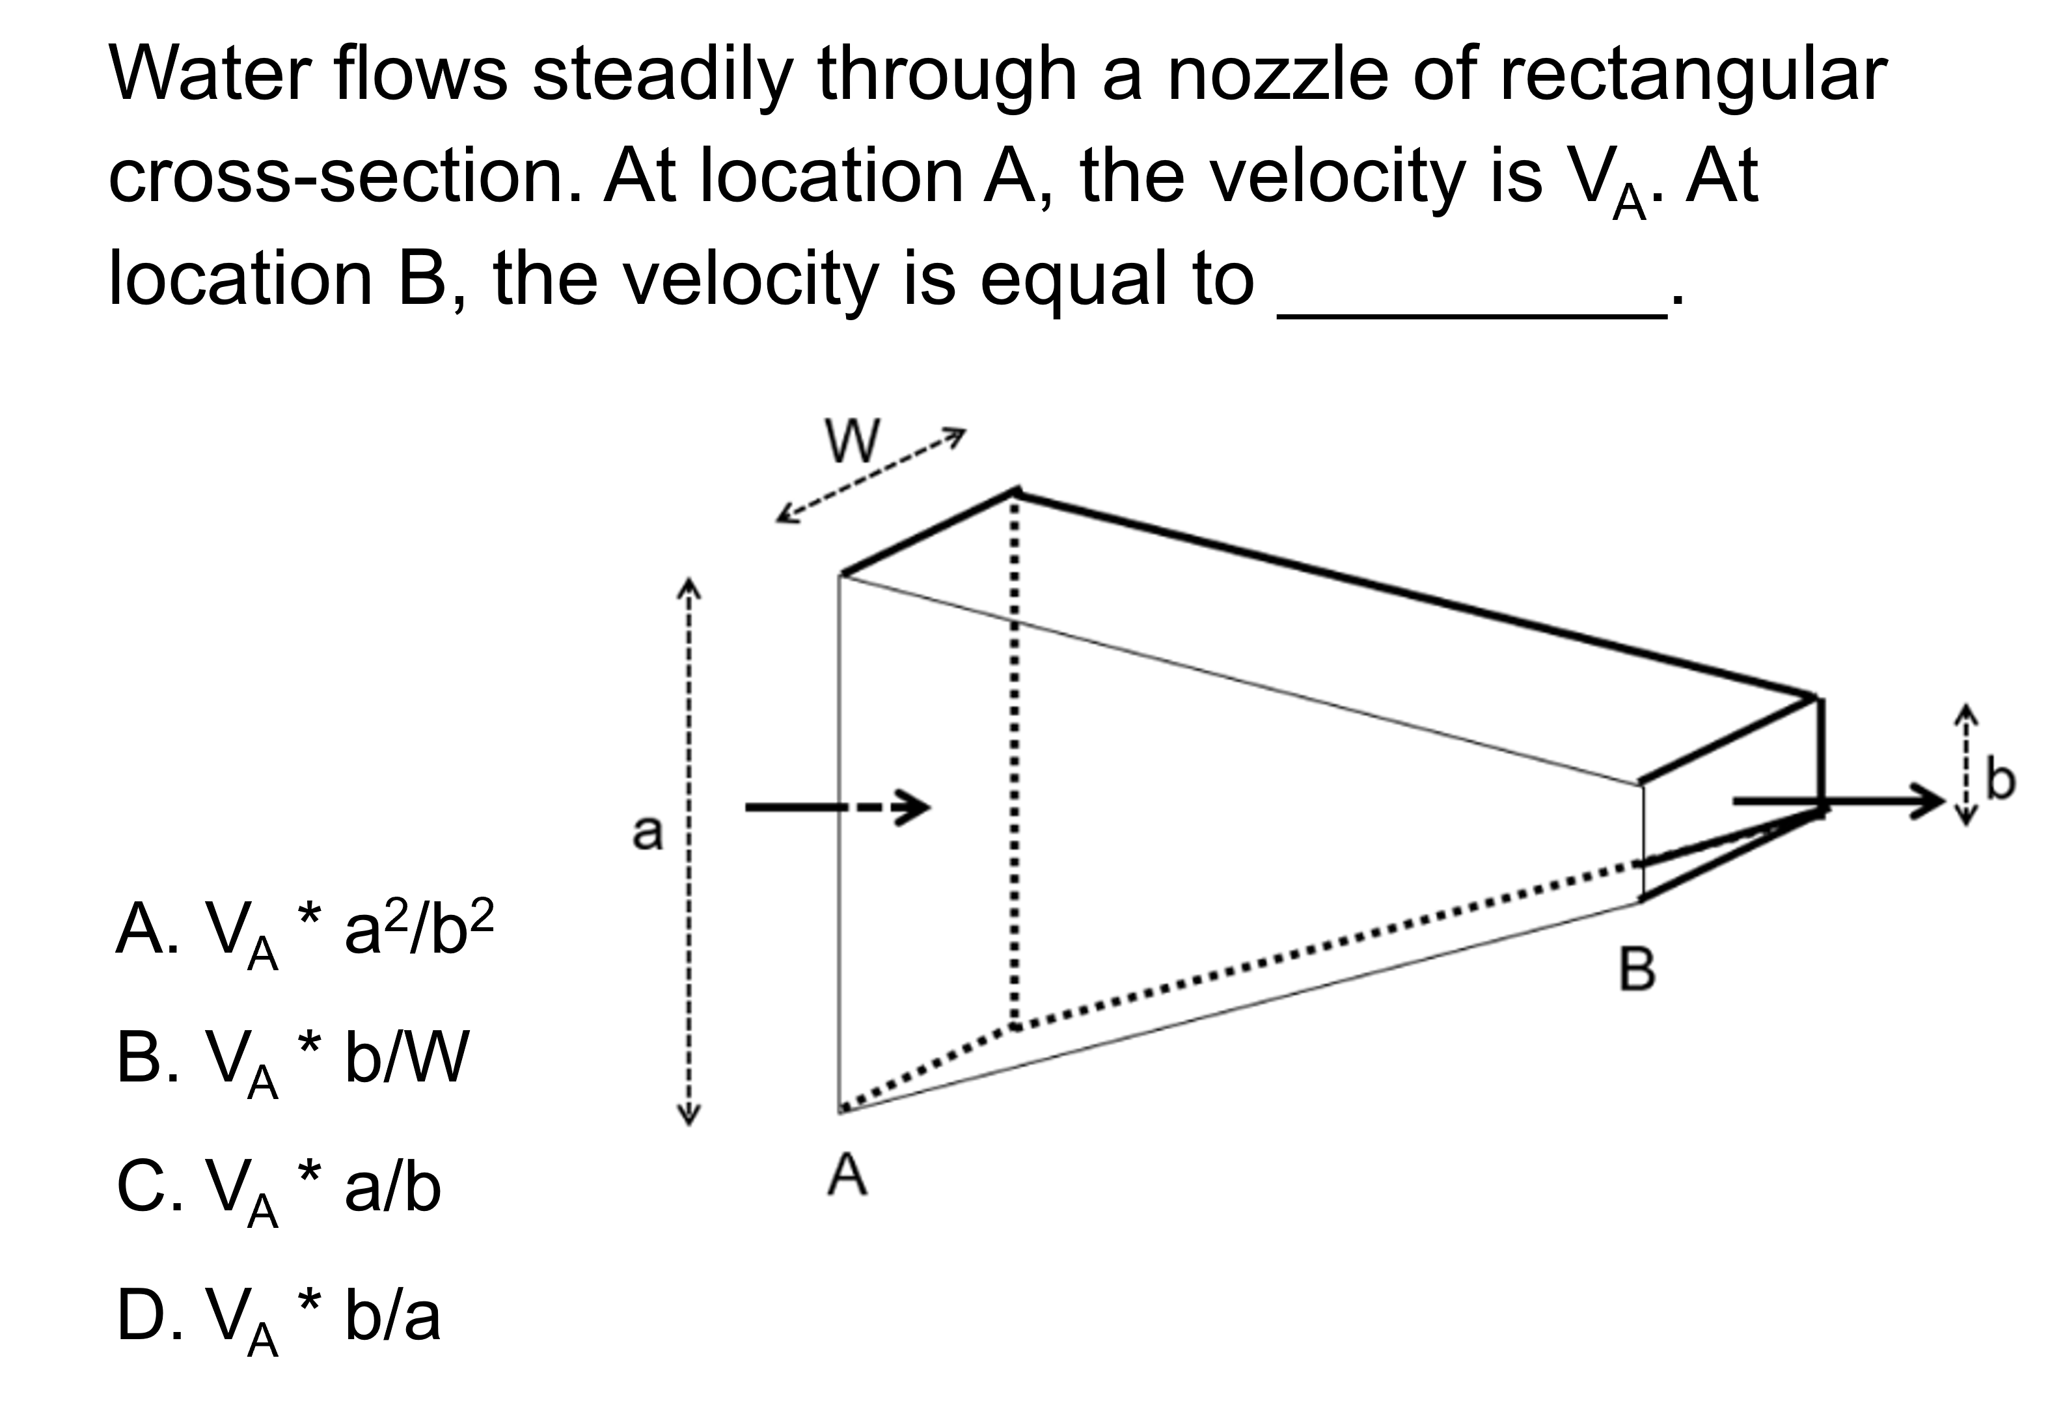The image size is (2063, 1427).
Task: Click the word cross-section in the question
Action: pyautogui.click(x=345, y=176)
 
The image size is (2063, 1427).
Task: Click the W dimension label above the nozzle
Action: pyautogui.click(x=853, y=441)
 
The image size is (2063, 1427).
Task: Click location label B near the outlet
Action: pyautogui.click(x=1637, y=970)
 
